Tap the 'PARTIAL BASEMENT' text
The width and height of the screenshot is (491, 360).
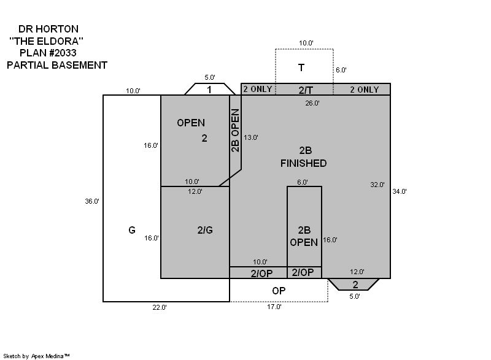(57, 65)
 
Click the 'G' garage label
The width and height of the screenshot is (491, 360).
(132, 230)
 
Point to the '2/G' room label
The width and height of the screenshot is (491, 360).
(205, 230)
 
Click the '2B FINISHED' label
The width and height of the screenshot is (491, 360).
(304, 157)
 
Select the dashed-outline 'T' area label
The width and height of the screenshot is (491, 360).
(301, 67)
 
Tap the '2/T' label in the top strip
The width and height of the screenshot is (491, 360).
(306, 90)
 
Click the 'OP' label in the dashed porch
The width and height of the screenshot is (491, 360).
(279, 291)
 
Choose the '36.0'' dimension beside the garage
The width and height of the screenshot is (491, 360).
(92, 201)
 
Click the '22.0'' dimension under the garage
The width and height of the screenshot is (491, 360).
(159, 307)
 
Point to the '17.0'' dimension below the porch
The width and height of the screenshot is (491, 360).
(274, 307)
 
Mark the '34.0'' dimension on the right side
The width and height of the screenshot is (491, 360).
(400, 191)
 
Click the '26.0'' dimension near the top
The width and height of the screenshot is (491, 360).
(312, 103)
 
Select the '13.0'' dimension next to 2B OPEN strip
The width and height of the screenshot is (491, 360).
(251, 137)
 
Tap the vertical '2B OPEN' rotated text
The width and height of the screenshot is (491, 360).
(235, 130)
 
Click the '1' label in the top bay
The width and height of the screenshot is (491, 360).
(209, 90)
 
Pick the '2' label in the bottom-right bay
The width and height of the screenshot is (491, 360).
(355, 285)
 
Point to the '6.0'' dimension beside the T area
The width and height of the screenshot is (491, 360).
(341, 71)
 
